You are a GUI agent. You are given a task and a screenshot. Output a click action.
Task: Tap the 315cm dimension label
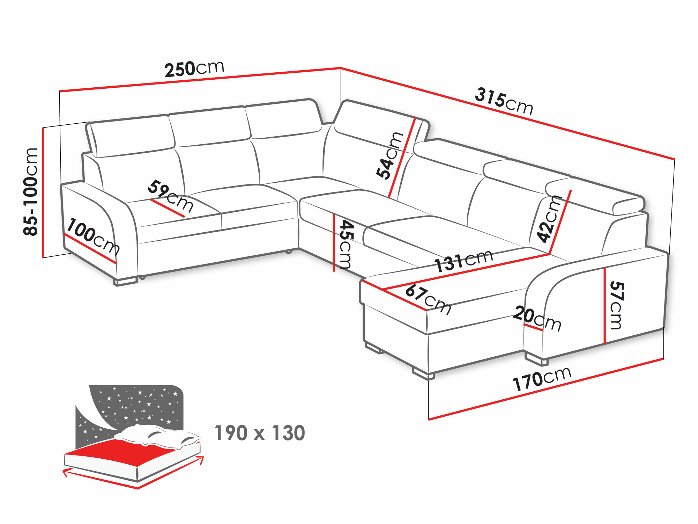504,101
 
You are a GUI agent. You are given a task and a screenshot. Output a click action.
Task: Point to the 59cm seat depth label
171,196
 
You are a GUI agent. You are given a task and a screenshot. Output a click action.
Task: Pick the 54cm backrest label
389,156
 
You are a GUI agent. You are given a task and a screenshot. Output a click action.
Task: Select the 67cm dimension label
428,299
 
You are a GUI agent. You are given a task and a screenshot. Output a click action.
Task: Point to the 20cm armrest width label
537,318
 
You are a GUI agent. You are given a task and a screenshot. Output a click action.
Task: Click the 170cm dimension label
542,379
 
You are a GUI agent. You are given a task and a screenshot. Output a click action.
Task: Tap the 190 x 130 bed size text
260,433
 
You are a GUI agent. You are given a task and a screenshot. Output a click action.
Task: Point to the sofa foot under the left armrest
126,282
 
